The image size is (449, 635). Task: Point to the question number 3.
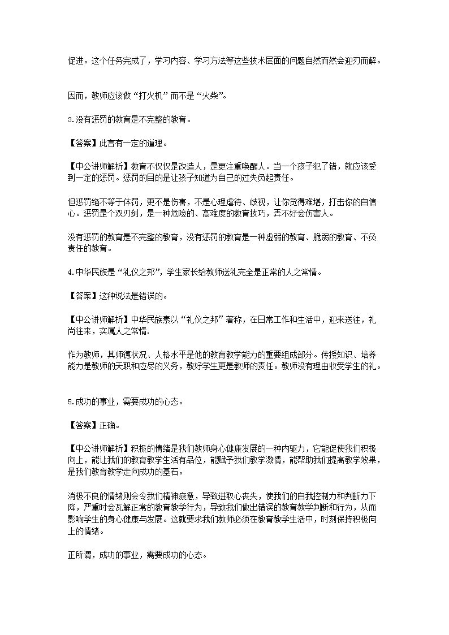click(69, 120)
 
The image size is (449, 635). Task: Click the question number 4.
click(69, 272)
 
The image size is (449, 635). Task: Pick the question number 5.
click(69, 402)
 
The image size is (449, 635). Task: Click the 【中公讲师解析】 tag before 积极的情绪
click(98, 448)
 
